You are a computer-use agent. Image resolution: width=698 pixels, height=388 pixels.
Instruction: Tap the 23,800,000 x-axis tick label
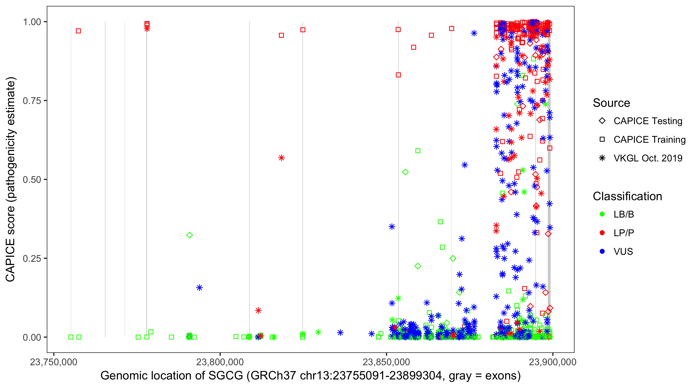pos(220,362)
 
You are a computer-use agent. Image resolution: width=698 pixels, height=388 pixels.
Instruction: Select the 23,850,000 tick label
pos(386,362)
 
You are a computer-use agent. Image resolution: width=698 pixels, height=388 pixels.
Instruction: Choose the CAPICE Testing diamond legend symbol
pos(602,121)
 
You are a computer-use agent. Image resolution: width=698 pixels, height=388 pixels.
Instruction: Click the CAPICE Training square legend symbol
pos(602,140)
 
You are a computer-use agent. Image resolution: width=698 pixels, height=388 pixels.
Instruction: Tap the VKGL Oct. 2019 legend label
pos(648,158)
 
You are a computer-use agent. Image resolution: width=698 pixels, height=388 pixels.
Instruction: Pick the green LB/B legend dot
pos(602,214)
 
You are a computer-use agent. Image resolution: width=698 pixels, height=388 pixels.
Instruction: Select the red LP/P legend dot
pos(602,233)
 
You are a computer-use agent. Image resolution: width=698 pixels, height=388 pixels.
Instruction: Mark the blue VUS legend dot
pos(602,252)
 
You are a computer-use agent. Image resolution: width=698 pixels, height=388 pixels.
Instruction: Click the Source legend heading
pos(611,103)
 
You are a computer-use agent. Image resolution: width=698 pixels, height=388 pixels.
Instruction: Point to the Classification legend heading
pos(627,196)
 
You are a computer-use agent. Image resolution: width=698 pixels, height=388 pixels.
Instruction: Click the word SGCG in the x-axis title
pos(225,376)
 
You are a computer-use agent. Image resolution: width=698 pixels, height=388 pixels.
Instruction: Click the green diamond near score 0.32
pos(189,235)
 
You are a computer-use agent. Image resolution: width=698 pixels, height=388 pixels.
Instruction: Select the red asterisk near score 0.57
pos(281,158)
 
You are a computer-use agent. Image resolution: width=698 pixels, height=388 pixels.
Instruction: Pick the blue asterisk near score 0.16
pos(199,288)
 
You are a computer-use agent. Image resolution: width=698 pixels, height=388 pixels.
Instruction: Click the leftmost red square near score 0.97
pos(78,31)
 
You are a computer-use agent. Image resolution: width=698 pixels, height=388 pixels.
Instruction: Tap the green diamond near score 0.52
pos(405,172)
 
